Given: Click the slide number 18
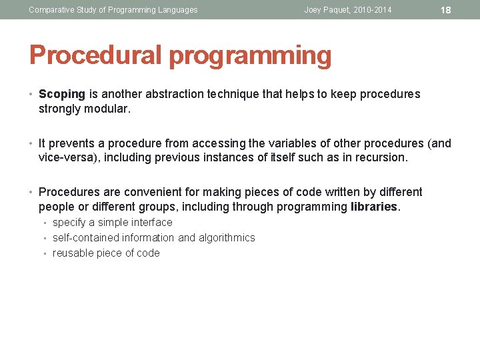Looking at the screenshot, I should (447, 10).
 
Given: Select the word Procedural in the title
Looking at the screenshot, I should (96, 56).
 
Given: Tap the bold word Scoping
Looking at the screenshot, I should (62, 94).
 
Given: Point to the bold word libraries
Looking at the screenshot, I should (374, 207).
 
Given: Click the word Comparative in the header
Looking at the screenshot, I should (51, 10).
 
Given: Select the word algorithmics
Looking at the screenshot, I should (227, 238).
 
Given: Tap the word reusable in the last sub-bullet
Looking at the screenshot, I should (73, 253).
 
